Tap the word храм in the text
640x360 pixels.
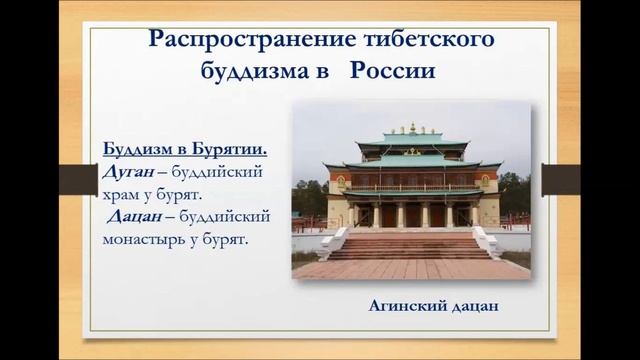(126, 194)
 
